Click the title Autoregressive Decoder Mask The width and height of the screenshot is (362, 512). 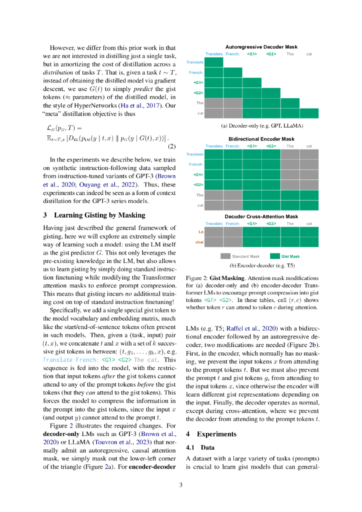pos(261,47)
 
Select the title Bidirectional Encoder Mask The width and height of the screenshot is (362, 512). pos(261,139)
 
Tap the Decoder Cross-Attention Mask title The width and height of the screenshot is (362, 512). pos(261,216)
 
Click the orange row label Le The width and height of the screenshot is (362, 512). pos(200,232)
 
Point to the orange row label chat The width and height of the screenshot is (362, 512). pos(199,242)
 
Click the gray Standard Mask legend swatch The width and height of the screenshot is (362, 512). pos(225,256)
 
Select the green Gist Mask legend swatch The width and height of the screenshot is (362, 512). pos(275,256)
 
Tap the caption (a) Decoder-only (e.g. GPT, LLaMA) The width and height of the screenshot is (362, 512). pos(262,126)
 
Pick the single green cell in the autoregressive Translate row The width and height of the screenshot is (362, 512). pos(214,62)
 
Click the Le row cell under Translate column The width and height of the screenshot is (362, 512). pos(214,232)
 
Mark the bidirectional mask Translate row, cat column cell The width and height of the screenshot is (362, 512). pos(309,154)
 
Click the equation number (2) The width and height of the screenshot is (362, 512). pos(171,146)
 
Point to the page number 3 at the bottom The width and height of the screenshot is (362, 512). pos(181,484)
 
